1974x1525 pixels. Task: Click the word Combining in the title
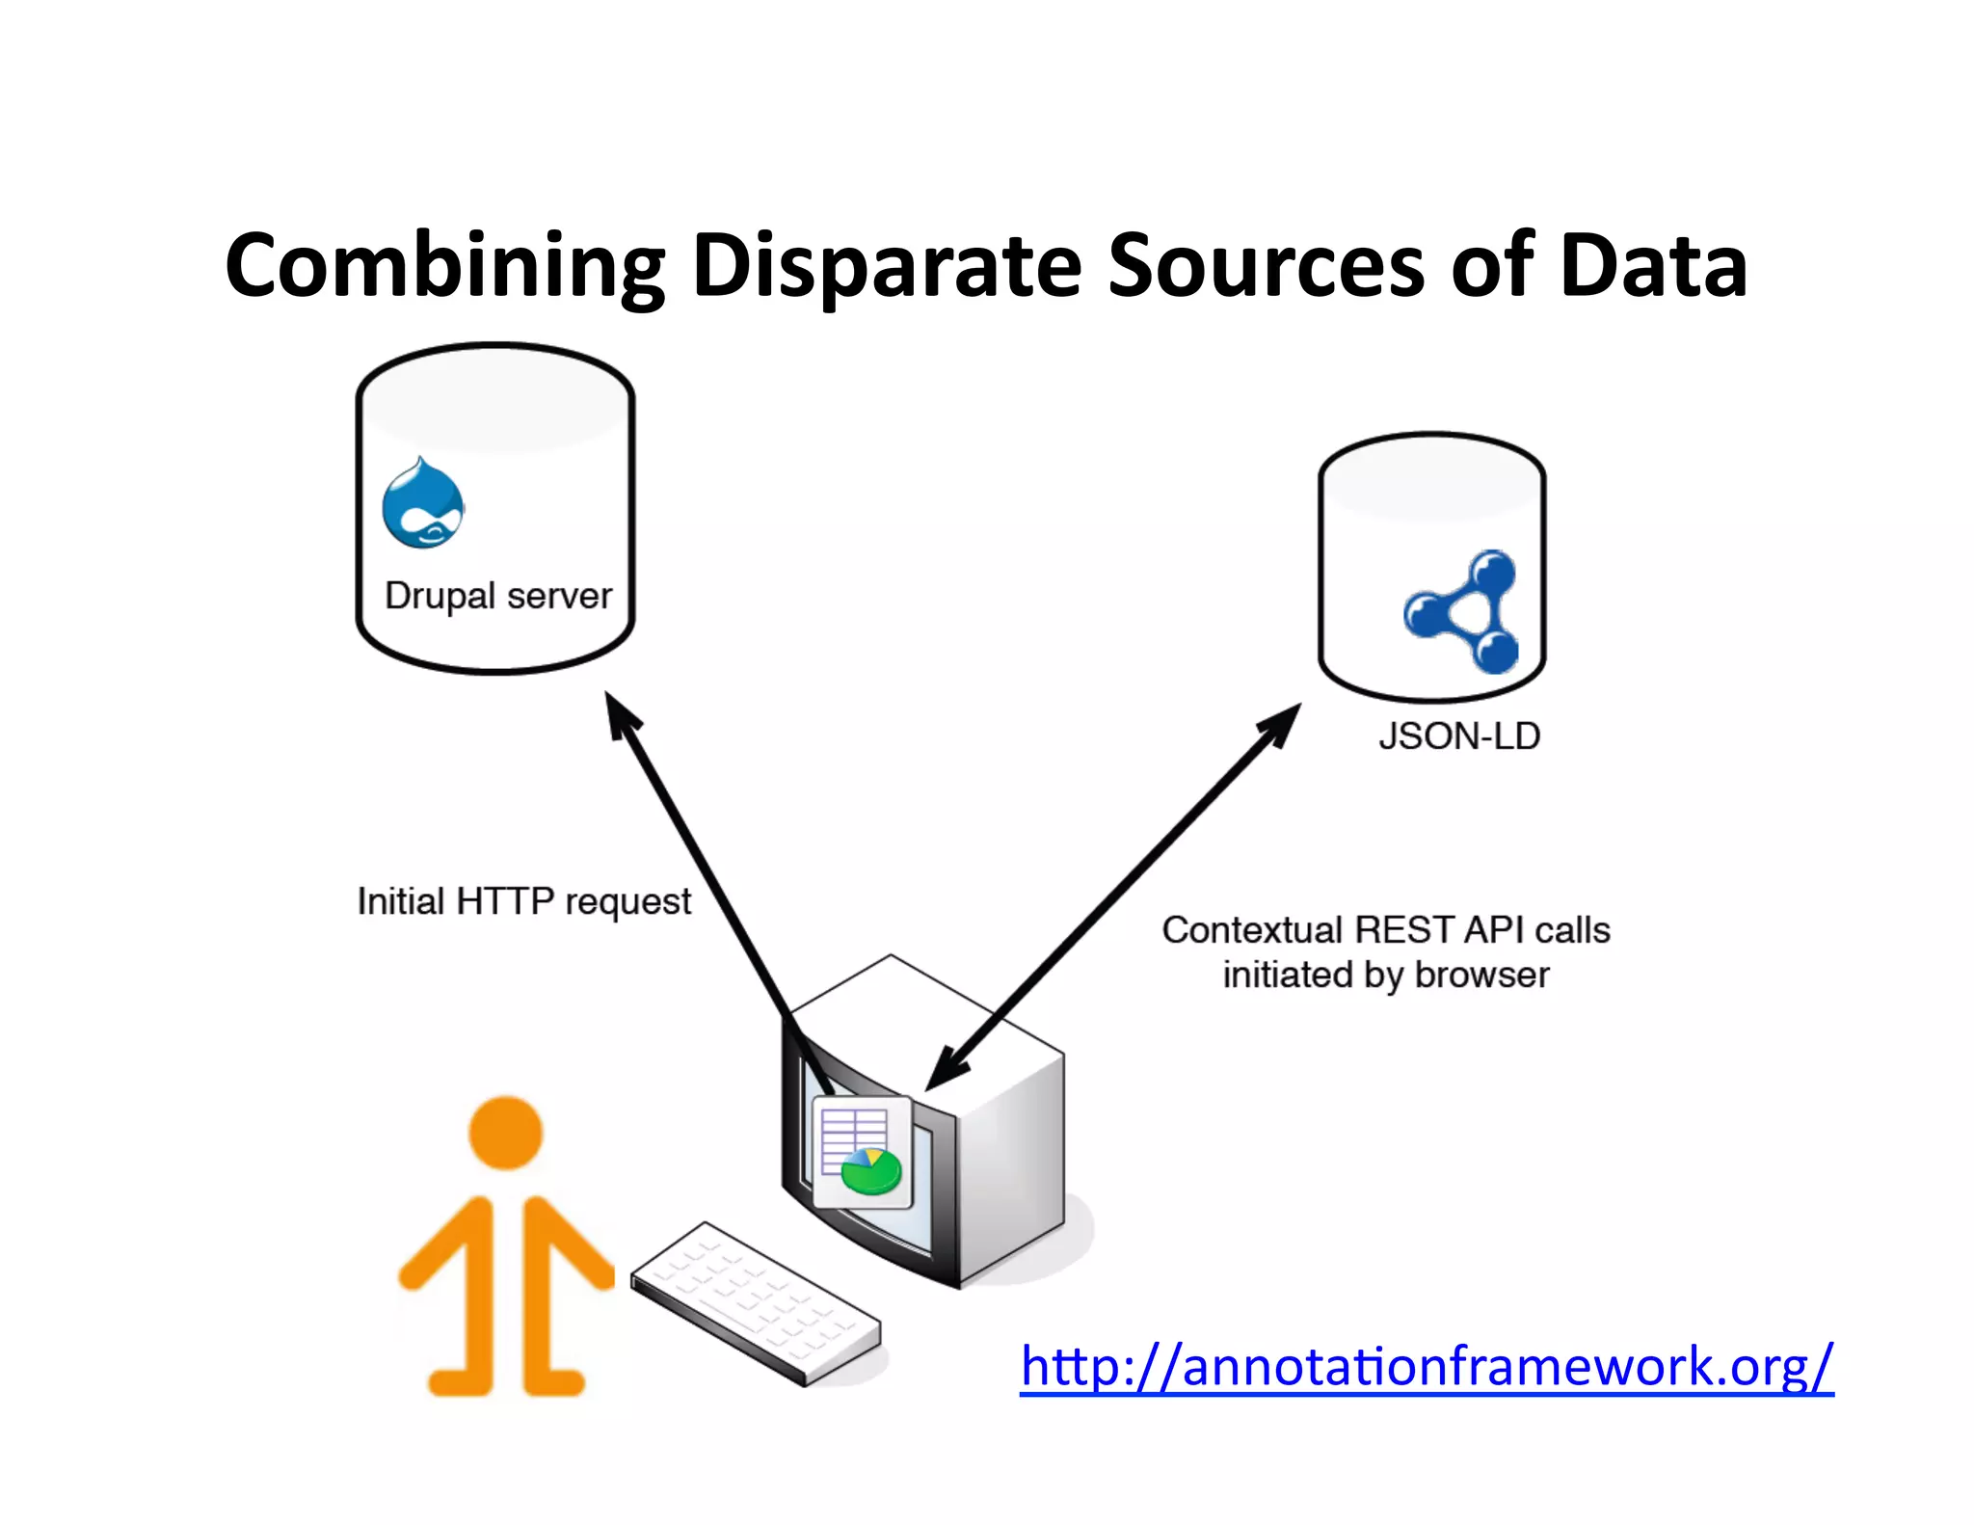pos(444,266)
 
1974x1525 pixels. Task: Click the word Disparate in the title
pos(887,266)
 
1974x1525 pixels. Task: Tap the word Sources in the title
pos(1266,266)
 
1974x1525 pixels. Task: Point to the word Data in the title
pos(1653,266)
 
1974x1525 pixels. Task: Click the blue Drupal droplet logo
pos(422,504)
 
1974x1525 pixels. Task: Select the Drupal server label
pos(498,596)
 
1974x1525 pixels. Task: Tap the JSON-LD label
pos(1458,736)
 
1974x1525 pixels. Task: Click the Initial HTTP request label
pos(523,902)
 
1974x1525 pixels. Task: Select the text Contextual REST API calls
pos(1385,930)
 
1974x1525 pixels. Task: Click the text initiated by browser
pos(1385,976)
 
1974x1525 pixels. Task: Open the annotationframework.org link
pos(1427,1367)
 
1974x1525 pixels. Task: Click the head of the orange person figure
pos(506,1132)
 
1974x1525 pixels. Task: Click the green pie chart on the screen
pos(871,1172)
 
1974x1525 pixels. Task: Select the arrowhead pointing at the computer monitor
pos(944,1071)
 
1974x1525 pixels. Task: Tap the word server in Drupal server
pos(559,596)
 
